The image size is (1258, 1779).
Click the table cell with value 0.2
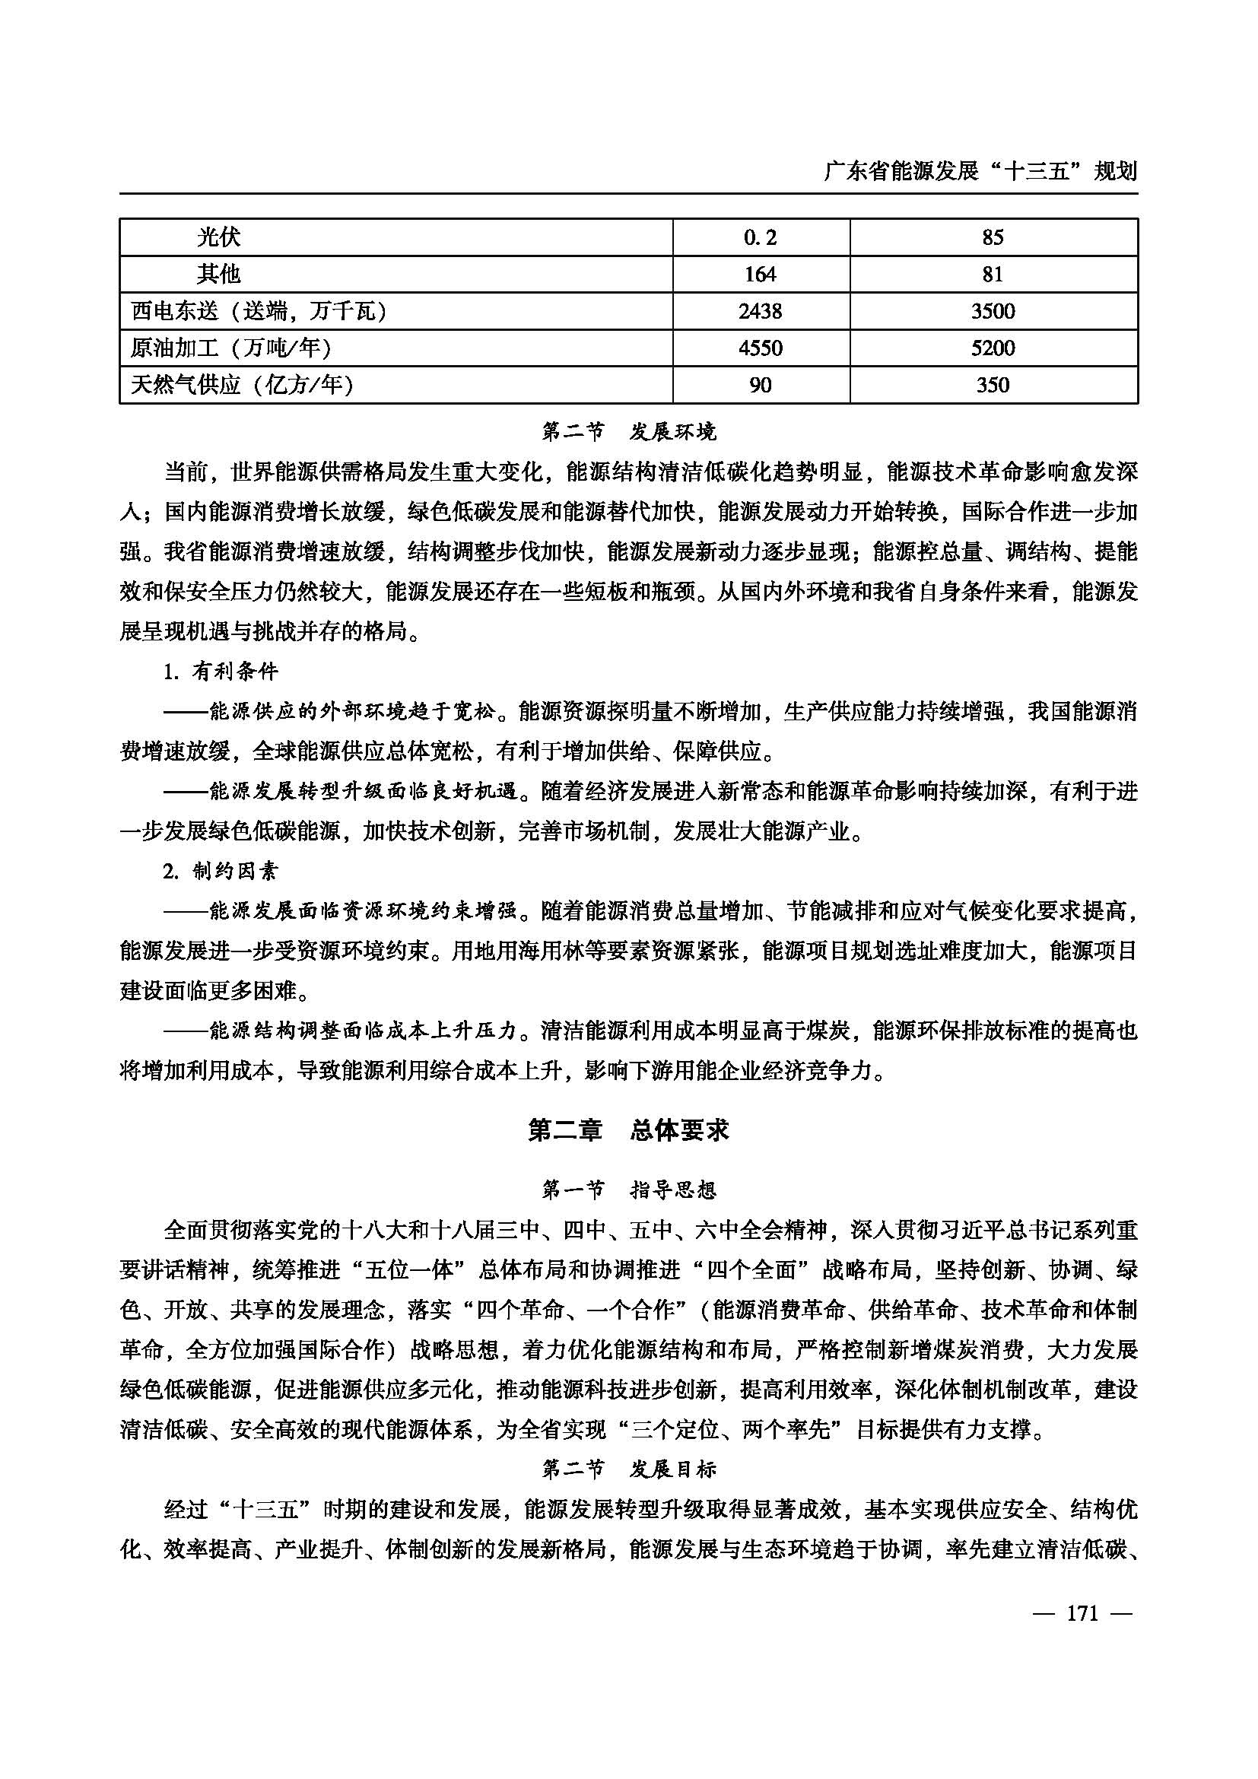click(760, 237)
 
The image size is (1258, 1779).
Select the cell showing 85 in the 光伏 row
click(993, 237)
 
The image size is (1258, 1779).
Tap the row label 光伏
click(218, 237)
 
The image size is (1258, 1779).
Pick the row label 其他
click(218, 274)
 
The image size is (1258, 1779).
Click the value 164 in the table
click(760, 275)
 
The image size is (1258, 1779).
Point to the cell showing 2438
click(760, 311)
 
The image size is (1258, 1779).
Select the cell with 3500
click(993, 311)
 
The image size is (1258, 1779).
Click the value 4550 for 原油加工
click(760, 348)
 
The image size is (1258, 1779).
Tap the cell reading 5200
click(993, 348)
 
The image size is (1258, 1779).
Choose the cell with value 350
click(993, 385)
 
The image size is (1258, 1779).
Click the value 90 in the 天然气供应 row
click(760, 385)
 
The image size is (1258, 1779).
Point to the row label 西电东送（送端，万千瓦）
click(259, 311)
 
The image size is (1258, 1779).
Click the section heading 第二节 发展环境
click(628, 431)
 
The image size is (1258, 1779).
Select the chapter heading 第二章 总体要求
click(628, 1130)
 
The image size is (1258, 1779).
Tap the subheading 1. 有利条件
click(221, 671)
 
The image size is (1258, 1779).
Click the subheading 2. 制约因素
click(221, 871)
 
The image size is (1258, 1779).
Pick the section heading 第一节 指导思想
click(628, 1190)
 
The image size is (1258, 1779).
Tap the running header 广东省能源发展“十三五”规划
click(980, 171)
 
